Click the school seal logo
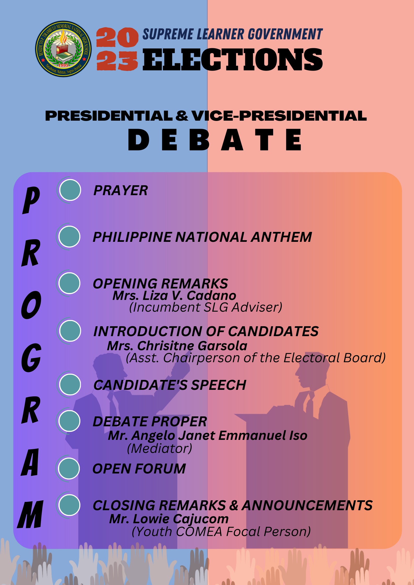point(63,49)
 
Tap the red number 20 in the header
point(117,37)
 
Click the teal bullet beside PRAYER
point(70,190)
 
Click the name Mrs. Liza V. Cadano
point(174,295)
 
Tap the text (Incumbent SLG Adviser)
point(206,307)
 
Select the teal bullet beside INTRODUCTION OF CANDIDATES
point(70,331)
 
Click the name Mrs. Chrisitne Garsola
point(177,346)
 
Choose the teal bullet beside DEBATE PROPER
point(69,421)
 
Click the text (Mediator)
point(160,448)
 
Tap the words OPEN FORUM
point(139,469)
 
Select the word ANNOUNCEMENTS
point(307,506)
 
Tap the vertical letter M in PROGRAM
point(30,514)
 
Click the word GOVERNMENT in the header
point(285,34)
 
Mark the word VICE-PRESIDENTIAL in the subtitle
point(279,116)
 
